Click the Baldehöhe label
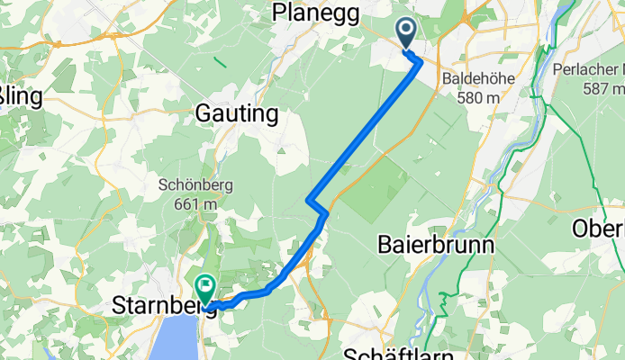478,78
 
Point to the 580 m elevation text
478,96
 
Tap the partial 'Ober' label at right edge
598,229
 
